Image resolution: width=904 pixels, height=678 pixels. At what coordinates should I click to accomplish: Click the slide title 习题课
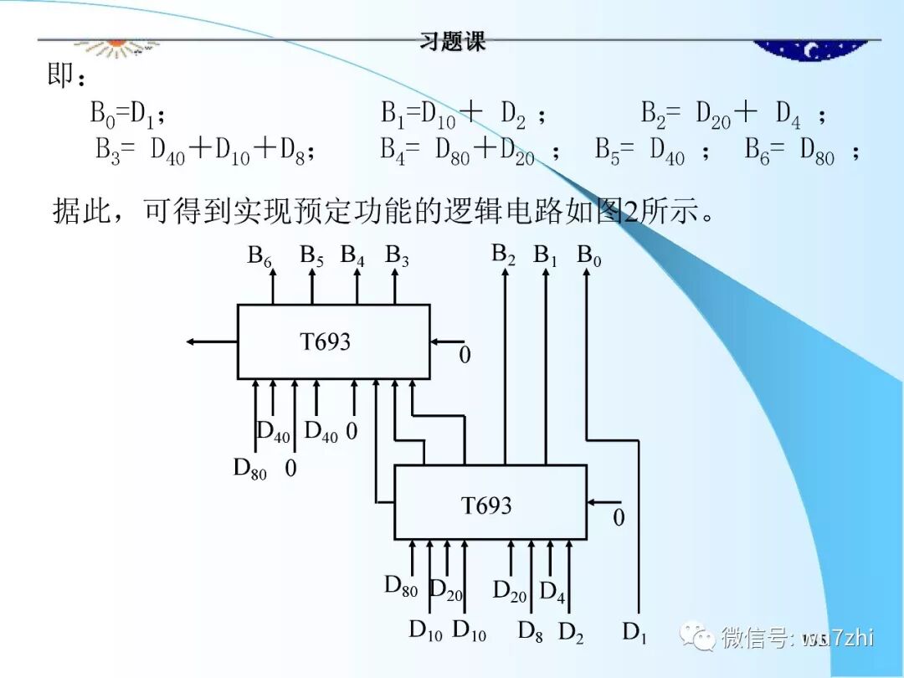(453, 42)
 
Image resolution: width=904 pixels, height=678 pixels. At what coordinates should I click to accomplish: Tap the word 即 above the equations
(60, 77)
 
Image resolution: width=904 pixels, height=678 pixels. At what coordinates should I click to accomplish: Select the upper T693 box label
(325, 342)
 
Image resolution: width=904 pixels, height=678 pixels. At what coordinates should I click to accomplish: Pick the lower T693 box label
(486, 506)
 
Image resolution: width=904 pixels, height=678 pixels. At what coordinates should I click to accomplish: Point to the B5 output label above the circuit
(311, 256)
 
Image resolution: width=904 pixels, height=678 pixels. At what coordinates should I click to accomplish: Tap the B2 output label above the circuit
(503, 254)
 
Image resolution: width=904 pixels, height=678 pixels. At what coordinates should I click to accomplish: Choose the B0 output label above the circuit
(588, 256)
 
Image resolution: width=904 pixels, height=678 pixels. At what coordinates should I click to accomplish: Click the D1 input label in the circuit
(634, 633)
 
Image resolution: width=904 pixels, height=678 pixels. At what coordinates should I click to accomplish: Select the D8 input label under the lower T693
(530, 631)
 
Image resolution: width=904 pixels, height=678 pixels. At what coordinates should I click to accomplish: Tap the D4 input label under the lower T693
(552, 593)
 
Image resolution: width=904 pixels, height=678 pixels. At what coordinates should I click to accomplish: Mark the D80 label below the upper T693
(249, 470)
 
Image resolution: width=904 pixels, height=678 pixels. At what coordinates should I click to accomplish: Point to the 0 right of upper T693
(465, 356)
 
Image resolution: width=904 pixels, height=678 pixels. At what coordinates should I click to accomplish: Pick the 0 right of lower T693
(619, 518)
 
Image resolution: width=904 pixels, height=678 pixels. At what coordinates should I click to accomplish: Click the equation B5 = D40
(639, 152)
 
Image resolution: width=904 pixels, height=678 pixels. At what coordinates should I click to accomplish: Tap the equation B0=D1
(122, 113)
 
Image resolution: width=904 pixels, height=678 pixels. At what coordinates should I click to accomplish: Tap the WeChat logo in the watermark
(697, 638)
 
